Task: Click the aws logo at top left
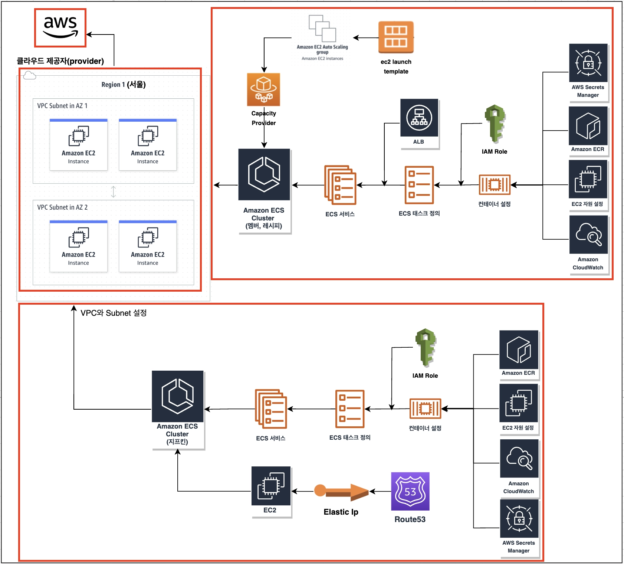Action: coord(60,28)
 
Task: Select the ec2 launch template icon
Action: coord(396,37)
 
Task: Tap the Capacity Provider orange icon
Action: coord(263,89)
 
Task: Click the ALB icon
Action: coord(419,118)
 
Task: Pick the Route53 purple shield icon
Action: coord(410,491)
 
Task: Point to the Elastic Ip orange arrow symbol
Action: coord(341,491)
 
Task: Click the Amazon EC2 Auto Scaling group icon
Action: coord(322,29)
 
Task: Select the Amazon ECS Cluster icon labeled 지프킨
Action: coord(177,396)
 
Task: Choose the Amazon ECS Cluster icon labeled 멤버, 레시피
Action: coord(264,174)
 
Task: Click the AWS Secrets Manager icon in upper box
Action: coord(588,63)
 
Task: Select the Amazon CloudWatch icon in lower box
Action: coord(519,459)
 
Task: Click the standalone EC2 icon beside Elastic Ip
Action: coord(271,486)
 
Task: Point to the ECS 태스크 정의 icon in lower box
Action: coord(349,409)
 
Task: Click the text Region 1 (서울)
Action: coord(123,85)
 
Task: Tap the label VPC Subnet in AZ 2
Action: coord(62,207)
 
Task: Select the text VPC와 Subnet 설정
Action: coord(114,313)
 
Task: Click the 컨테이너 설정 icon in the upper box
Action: coord(495,184)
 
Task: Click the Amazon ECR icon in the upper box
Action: coord(588,126)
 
